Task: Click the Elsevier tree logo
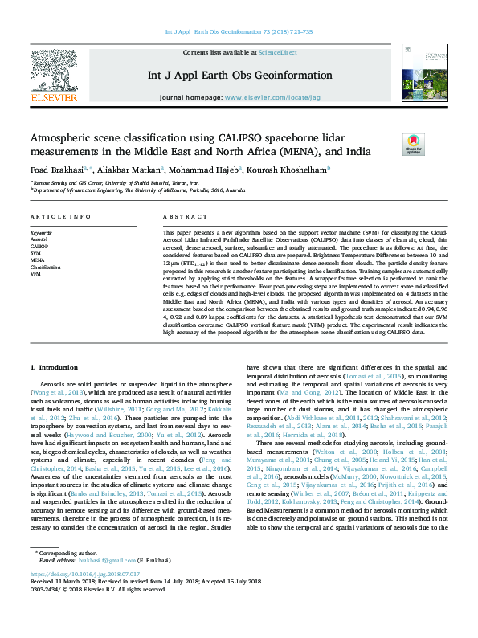54,76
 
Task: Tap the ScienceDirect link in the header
277,52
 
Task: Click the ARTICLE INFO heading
61,218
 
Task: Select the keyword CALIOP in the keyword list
39,247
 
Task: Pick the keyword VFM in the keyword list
35,274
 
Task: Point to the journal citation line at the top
239,32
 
